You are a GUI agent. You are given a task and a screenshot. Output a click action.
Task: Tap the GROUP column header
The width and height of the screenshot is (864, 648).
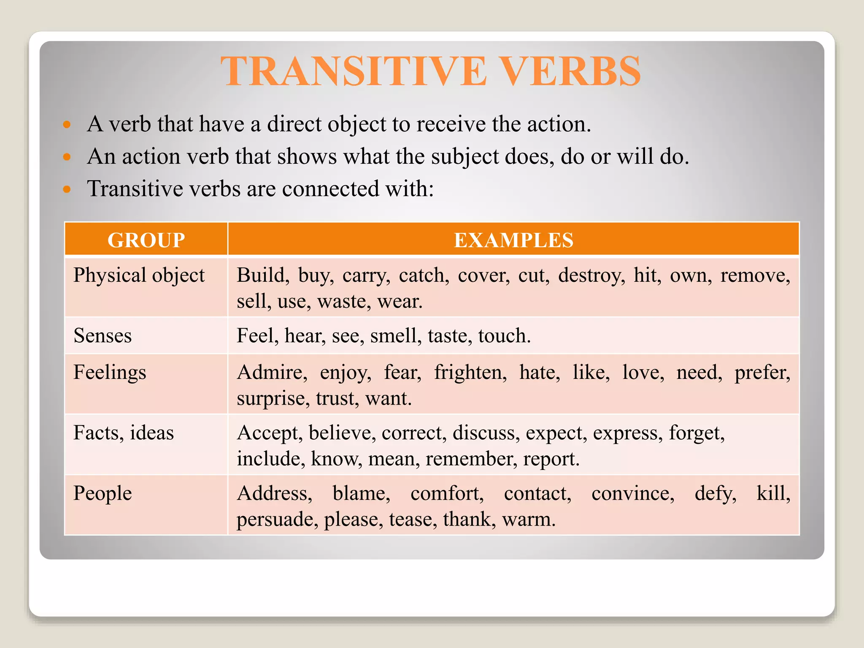146,240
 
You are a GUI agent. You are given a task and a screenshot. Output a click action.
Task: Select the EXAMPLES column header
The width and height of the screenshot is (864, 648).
513,240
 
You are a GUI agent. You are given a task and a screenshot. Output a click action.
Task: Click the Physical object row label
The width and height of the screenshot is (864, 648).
139,275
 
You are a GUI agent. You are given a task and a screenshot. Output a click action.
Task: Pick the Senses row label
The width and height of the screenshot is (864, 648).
103,336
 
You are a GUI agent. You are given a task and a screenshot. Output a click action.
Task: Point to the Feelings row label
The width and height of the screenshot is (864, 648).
110,373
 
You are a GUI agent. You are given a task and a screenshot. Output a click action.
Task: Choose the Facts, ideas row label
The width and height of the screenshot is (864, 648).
124,433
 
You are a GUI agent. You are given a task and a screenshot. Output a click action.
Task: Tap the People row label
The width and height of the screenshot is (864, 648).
103,493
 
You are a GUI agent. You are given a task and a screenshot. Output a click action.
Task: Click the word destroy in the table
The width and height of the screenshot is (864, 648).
591,275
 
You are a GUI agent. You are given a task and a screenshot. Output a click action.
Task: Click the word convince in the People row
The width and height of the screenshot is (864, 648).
632,493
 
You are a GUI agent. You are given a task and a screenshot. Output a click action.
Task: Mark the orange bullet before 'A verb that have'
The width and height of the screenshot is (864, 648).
67,124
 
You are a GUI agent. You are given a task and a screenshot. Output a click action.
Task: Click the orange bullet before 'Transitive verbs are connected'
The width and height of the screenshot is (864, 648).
67,189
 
